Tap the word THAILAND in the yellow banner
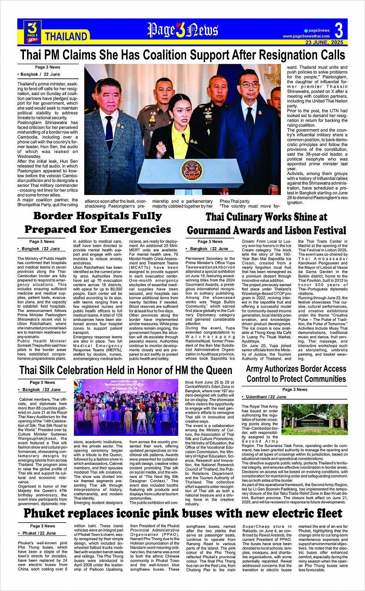click(66, 37)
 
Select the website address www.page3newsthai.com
click(306, 36)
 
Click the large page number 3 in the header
click(339, 30)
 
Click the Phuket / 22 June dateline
click(39, 533)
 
